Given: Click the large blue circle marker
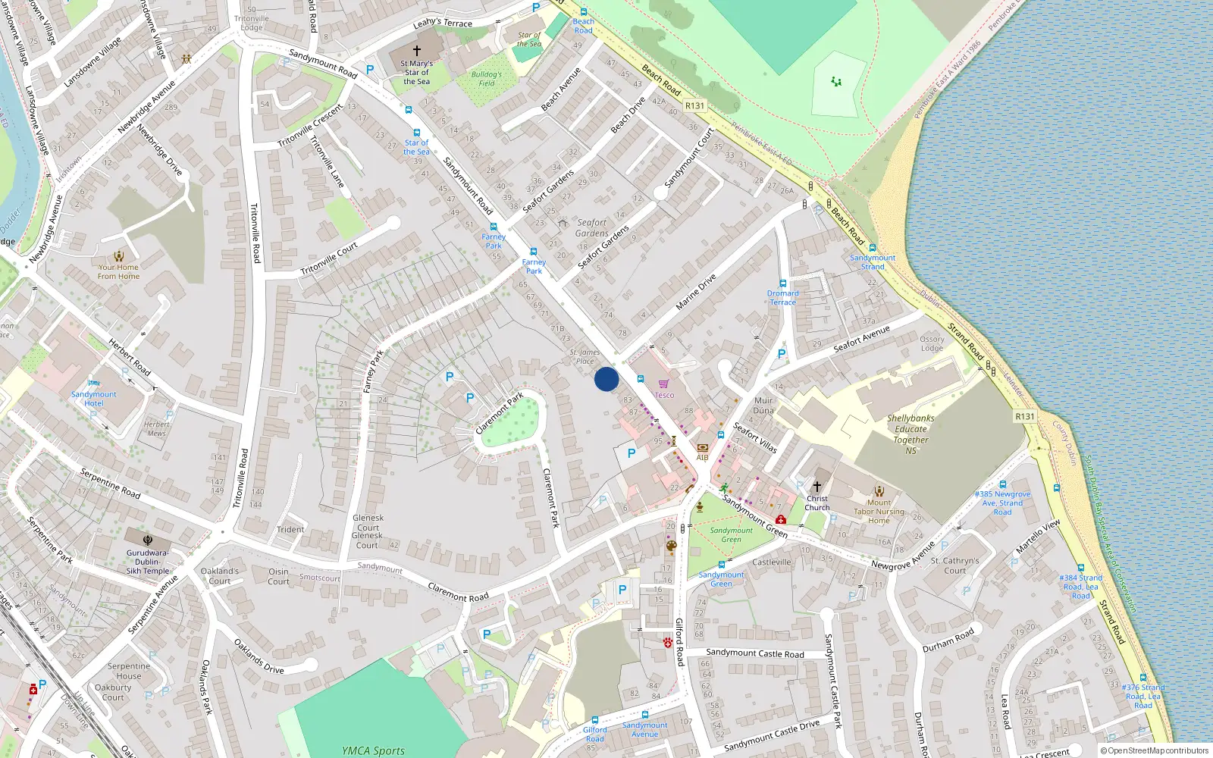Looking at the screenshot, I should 606,379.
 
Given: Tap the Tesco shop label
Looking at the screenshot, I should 664,395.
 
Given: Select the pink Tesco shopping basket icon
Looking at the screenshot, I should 664,384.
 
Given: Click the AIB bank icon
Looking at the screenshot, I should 702,448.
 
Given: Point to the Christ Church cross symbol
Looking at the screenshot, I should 817,486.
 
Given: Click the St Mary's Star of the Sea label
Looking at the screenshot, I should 416,73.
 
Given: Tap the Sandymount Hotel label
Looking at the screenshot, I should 94,399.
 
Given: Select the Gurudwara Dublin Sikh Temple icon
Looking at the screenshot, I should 148,540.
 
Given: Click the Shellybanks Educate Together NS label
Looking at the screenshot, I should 911,434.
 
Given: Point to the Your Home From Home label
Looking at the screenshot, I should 118,271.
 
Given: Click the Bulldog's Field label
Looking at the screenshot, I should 486,79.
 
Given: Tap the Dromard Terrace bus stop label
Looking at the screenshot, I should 782,298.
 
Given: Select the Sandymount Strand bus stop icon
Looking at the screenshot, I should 873,248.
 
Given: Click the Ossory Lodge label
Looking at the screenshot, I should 932,343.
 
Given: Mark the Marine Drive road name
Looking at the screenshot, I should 696,292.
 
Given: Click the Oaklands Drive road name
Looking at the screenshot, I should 259,656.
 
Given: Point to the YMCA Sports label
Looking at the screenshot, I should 373,750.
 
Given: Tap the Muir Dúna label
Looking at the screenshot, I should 763,405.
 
